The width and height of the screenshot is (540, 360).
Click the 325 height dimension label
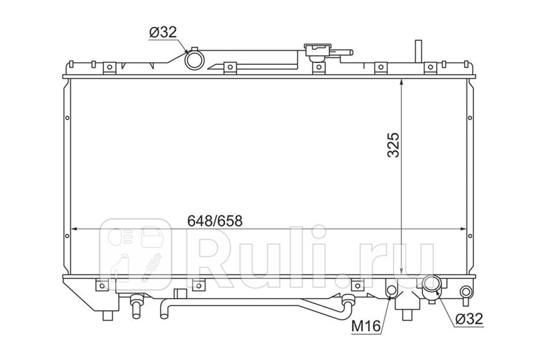pos(393,145)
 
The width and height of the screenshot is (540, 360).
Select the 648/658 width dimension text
pos(215,221)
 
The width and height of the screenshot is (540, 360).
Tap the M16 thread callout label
pos(366,327)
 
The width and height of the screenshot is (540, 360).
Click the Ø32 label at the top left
pos(163,32)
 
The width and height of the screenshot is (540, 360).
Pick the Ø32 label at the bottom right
pos(469,319)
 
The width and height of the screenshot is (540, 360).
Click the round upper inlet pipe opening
pos(194,60)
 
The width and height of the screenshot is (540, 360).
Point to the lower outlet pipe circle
pos(432,283)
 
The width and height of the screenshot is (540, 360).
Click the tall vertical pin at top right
pos(418,51)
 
